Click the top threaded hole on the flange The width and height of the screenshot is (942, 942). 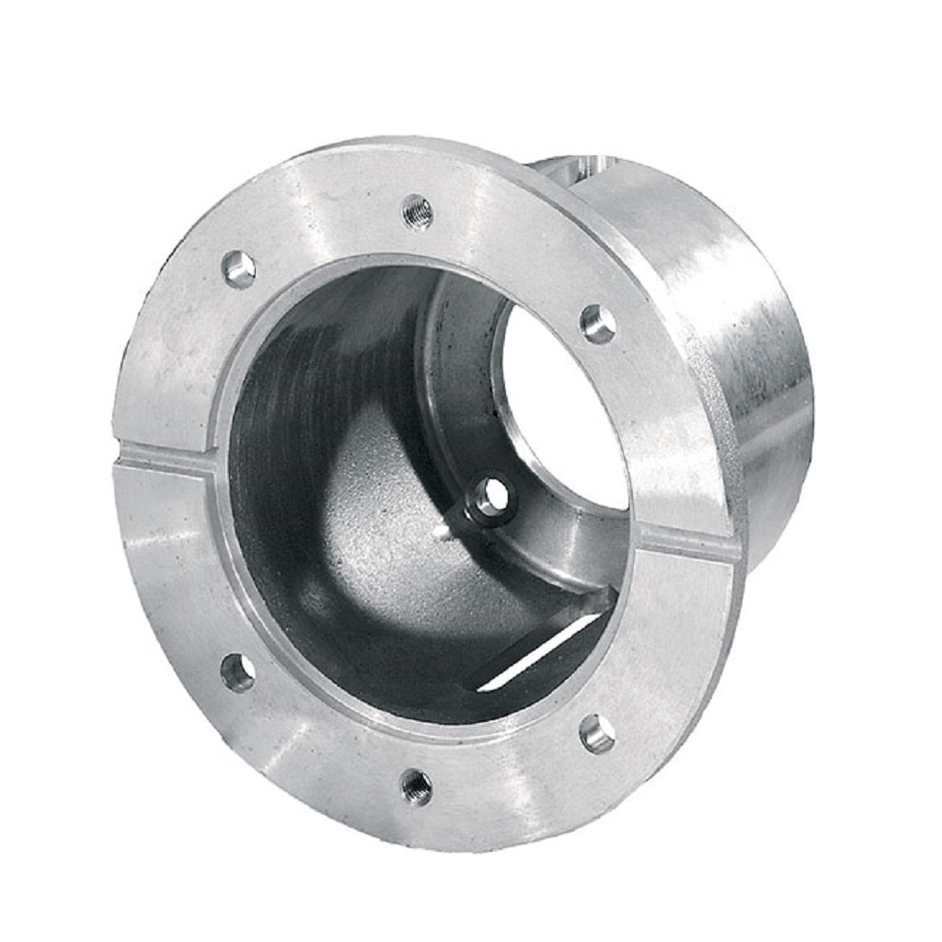[417, 212]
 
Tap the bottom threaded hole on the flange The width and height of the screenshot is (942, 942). [416, 787]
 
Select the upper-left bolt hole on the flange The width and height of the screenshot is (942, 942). [240, 270]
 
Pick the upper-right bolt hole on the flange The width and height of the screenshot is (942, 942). [598, 324]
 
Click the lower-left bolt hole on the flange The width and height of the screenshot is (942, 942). [238, 672]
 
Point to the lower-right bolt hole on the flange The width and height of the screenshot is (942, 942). [597, 733]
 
